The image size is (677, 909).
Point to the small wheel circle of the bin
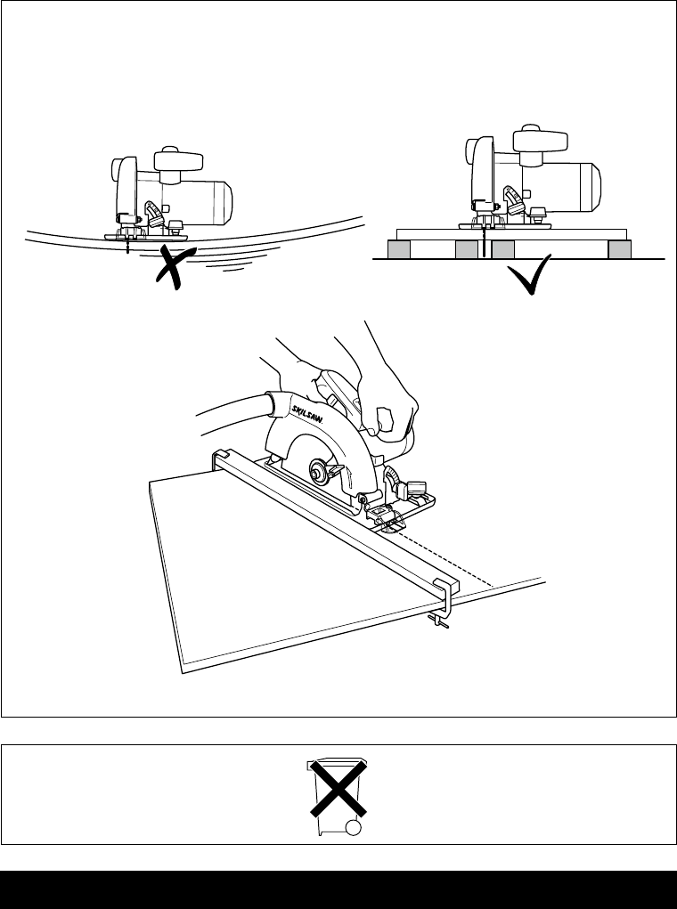click(355, 829)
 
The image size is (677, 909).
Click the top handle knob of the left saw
click(179, 160)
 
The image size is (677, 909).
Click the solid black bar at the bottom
click(338, 889)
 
